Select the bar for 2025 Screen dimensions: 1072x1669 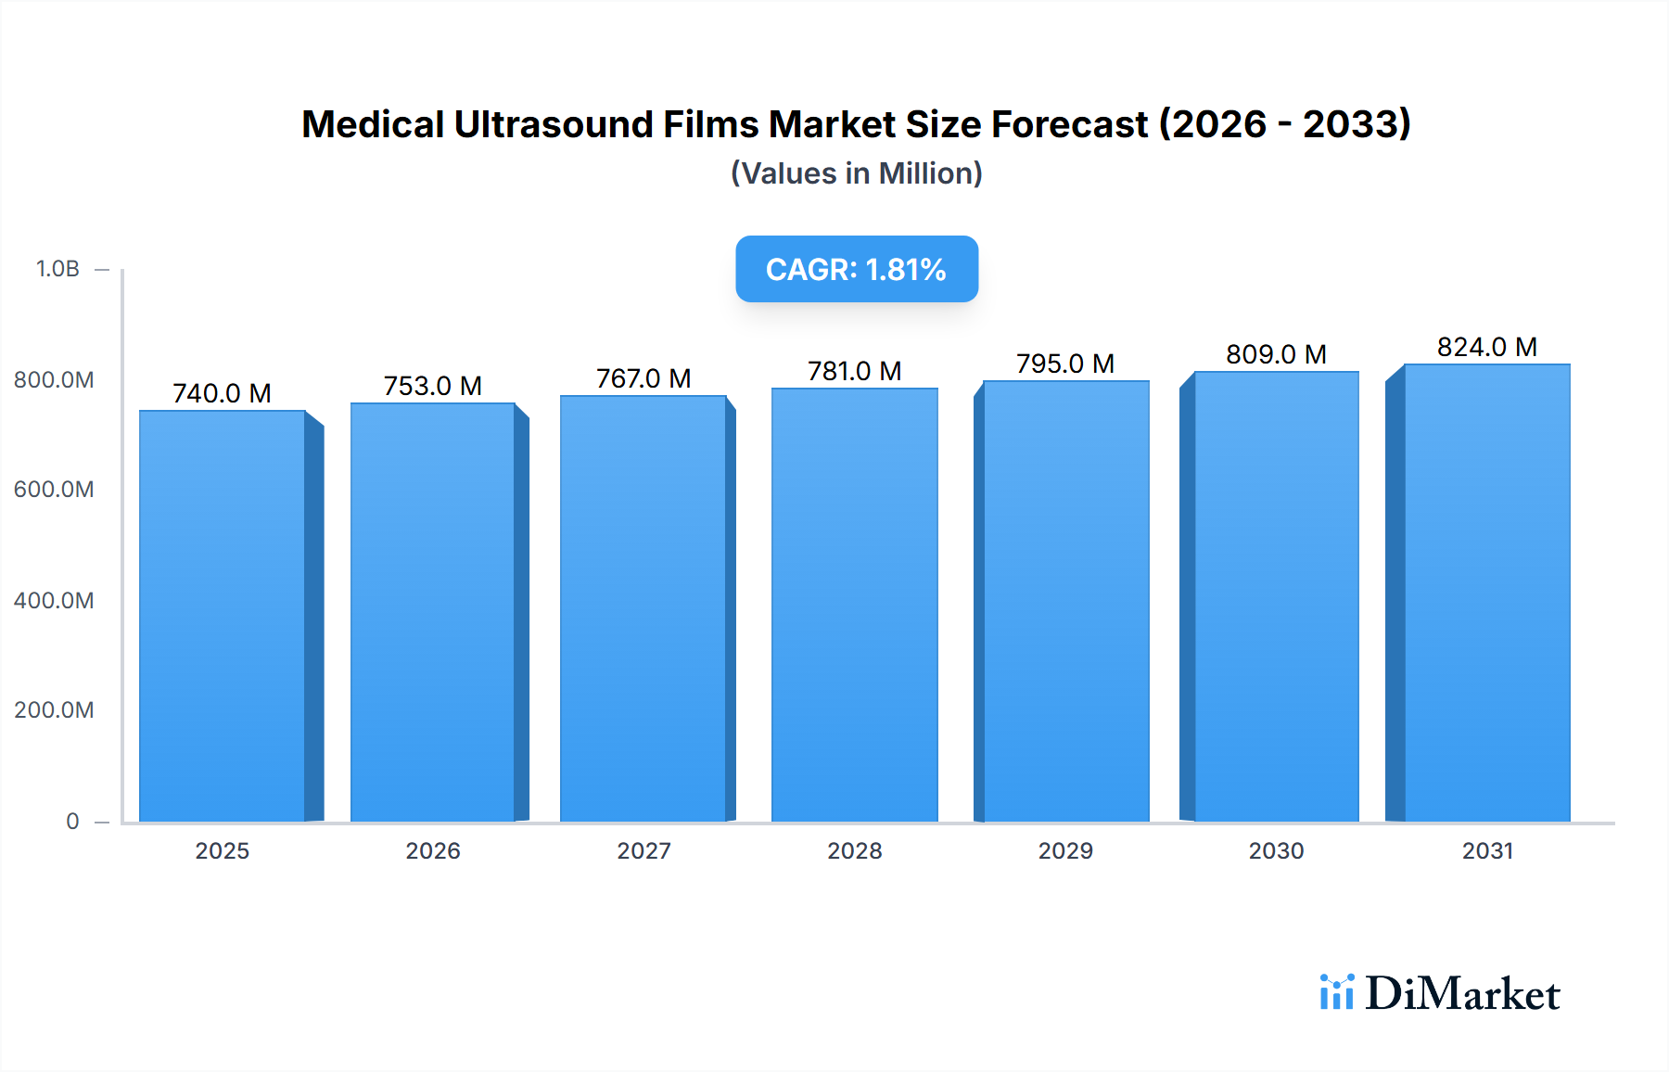pos(223,616)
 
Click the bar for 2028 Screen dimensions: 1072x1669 pos(854,605)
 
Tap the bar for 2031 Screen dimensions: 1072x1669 pos(1486,593)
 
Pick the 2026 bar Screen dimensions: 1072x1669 pos(433,612)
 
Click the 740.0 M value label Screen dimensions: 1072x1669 pos(222,393)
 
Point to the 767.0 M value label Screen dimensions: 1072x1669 pos(643,378)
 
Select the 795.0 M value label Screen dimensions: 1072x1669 pos(1064,364)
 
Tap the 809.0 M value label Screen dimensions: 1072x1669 pos(1276,354)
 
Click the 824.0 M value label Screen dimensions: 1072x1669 pos(1486,347)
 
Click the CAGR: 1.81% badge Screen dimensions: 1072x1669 pos(857,269)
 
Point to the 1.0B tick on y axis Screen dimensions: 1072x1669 pos(57,269)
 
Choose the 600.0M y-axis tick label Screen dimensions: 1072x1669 pos(54,490)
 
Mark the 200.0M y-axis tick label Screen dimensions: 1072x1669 pos(54,710)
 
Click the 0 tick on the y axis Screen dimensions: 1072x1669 pos(72,822)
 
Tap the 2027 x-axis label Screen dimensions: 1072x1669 pos(643,851)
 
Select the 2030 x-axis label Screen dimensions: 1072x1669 pos(1276,851)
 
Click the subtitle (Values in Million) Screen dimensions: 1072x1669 pos(857,173)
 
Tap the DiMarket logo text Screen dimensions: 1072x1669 pos(1462,994)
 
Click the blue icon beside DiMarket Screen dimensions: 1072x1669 pos(1336,992)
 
